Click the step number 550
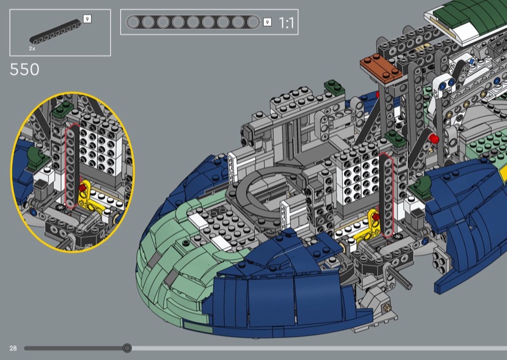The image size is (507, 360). [x=25, y=69]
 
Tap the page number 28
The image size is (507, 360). [x=13, y=348]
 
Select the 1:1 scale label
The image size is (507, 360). [x=286, y=23]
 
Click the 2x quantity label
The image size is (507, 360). [x=32, y=49]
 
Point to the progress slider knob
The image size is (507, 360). [x=127, y=348]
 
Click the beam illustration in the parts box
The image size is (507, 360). [x=55, y=32]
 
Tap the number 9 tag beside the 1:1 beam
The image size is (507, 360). [x=267, y=22]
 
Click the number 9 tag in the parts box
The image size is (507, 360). [x=87, y=19]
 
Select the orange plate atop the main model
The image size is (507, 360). [x=382, y=67]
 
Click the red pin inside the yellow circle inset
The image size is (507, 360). [x=83, y=188]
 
